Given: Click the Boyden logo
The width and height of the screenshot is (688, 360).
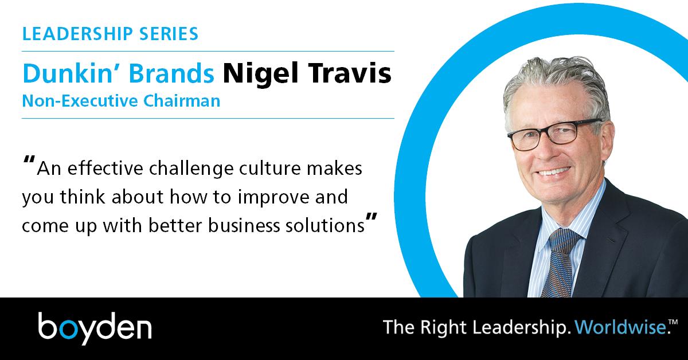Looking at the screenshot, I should (95, 328).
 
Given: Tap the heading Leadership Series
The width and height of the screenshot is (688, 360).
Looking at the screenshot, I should (111, 34).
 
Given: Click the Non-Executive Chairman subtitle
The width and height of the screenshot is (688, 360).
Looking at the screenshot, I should (121, 101).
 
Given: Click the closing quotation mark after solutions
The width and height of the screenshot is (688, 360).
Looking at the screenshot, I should (372, 220).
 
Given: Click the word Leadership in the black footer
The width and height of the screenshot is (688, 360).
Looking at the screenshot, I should (510, 328).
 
